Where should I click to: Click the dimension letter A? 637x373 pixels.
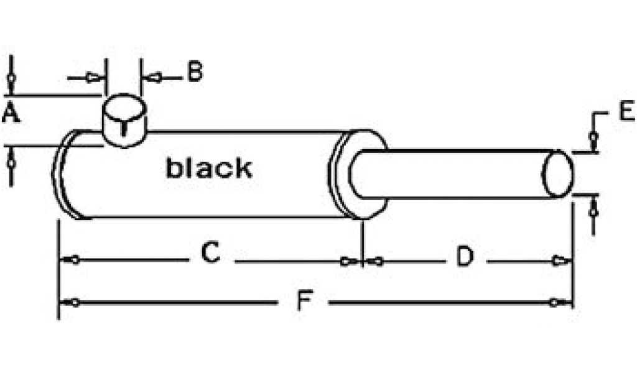[10, 114]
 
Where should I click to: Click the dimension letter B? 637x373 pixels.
[195, 73]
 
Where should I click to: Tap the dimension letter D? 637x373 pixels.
[465, 256]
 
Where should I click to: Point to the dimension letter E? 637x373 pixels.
[626, 111]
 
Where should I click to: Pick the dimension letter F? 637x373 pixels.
[303, 302]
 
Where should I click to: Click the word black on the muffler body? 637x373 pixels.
[209, 168]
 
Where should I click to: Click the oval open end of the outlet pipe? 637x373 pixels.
[557, 174]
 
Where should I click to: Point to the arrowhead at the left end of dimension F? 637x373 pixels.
[73, 303]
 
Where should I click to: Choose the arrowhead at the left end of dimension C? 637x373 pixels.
[73, 259]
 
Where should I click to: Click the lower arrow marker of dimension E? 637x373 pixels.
[593, 210]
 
